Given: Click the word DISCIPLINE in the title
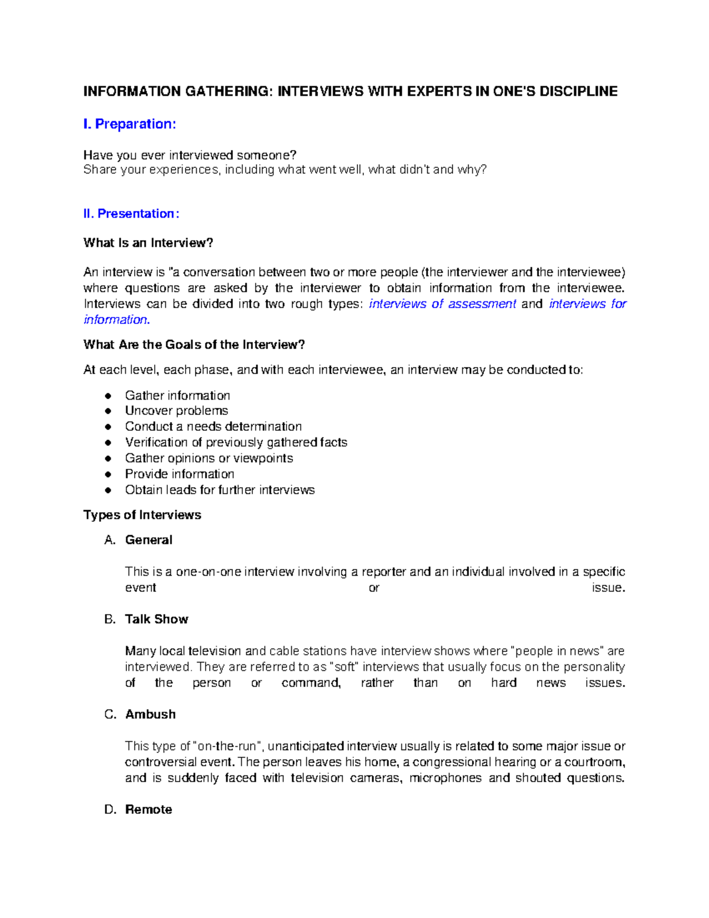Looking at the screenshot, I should point(578,91).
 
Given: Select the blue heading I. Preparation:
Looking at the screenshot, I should point(129,124).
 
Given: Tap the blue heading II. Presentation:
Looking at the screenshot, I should point(131,214).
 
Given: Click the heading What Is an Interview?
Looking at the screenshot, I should point(148,243).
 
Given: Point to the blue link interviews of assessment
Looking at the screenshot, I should point(443,304).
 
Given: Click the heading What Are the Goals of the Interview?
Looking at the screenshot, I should point(194,345).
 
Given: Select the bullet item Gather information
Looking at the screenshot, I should point(177,395).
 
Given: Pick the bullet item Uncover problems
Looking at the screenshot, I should point(176,411).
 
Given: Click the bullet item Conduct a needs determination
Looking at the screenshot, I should point(213,427).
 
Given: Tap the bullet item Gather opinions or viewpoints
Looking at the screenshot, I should point(209,458).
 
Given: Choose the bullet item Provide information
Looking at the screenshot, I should point(180,474).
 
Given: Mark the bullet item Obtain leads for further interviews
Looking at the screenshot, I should point(220,490).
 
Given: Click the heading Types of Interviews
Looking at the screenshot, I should point(142,515).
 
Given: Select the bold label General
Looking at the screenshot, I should point(148,540).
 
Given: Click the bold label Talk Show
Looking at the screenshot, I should point(157,619).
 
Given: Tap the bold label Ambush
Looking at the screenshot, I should point(150,715).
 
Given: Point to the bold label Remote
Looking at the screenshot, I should point(148,810).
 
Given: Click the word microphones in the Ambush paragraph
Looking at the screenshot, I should point(445,778).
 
